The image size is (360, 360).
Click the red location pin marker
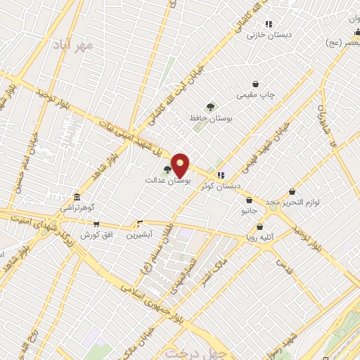(x=181, y=165)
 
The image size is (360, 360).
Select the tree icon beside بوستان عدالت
(x=167, y=169)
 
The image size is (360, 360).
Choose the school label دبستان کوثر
(x=219, y=186)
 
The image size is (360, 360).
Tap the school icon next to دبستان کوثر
(x=221, y=174)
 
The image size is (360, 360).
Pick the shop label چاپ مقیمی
(x=255, y=94)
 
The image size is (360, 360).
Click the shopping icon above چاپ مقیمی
(x=255, y=83)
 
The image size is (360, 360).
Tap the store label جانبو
(x=250, y=210)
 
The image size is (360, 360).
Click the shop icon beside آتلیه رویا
(x=261, y=227)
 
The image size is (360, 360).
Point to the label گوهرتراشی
(x=77, y=208)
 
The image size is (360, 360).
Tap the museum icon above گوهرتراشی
(x=77, y=198)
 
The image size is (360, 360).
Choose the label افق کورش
(x=96, y=234)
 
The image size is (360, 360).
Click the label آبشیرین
(x=139, y=234)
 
